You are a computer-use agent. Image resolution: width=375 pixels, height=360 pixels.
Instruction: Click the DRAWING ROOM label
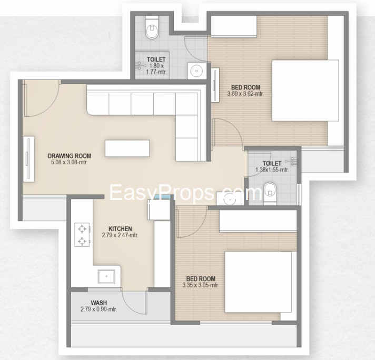tap(70, 156)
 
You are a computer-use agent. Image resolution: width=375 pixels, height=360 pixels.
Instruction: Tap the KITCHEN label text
tap(120, 229)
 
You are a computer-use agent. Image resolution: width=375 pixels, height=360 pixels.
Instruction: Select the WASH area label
tap(99, 303)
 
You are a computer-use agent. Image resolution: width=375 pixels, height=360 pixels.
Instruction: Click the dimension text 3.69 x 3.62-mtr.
tap(245, 94)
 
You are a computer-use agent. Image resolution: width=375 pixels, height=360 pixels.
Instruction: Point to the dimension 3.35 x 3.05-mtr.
tap(201, 285)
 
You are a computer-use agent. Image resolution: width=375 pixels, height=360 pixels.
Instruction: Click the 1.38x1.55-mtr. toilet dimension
tap(272, 169)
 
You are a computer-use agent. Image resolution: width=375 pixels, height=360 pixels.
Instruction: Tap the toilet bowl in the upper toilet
tap(152, 29)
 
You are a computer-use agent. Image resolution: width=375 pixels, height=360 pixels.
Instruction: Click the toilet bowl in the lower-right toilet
tap(270, 193)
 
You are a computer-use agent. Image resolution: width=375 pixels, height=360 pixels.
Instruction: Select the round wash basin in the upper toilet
tap(196, 71)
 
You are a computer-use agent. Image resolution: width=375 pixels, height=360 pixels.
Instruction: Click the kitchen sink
tap(106, 276)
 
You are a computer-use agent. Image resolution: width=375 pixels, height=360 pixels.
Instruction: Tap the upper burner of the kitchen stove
tap(82, 229)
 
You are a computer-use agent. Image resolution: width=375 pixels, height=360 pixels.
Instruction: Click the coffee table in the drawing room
tap(127, 148)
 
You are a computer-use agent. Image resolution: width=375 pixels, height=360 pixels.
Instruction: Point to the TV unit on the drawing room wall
tap(28, 159)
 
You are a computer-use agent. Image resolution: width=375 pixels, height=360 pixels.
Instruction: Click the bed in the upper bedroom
tap(305, 91)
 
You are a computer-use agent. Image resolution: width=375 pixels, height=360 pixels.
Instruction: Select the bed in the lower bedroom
tap(258, 282)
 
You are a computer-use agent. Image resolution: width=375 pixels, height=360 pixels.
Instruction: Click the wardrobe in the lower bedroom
tap(258, 221)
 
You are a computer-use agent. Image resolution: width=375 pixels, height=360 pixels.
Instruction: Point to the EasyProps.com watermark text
tap(185, 193)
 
